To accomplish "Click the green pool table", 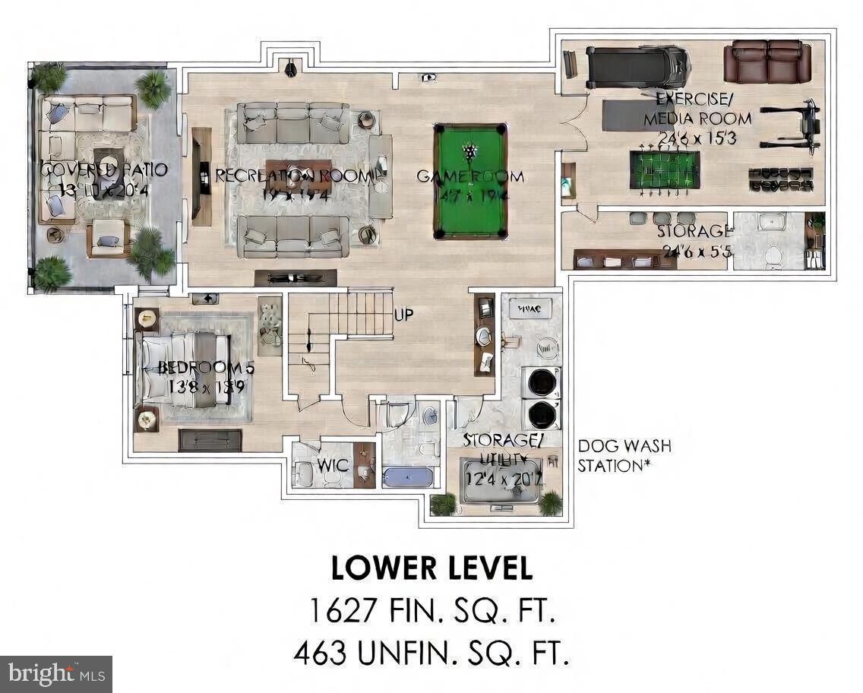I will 470,182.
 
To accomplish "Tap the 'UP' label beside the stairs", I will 403,314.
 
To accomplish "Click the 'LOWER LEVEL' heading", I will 431,568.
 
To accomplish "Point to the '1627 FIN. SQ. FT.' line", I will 431,610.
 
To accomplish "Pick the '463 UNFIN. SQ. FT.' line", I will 431,652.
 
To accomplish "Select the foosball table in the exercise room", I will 664,169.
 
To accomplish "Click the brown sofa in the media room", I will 767,62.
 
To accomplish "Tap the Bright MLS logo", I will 55,673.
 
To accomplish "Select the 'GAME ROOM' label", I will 470,176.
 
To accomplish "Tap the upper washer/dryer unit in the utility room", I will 541,382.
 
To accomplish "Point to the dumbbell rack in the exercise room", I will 780,179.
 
